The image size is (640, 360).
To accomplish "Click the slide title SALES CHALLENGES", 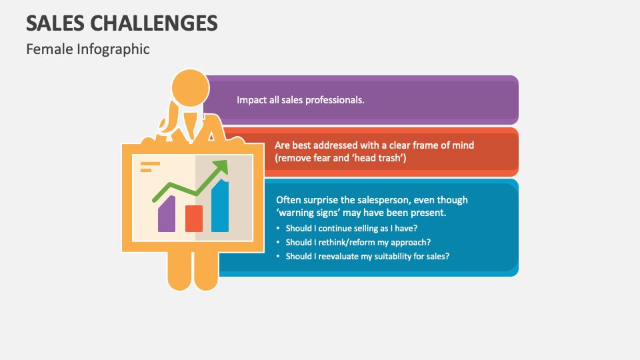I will pyautogui.click(x=122, y=23).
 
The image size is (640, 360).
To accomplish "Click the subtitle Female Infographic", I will pyautogui.click(x=88, y=49).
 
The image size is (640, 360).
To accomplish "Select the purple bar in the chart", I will pyautogui.click(x=167, y=215).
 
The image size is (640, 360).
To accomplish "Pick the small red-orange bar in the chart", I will pyautogui.click(x=194, y=218).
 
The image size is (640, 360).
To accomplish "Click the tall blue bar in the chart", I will pyautogui.click(x=220, y=207).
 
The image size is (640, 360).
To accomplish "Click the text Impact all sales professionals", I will pyautogui.click(x=300, y=100).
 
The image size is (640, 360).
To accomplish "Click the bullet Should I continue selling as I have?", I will pyautogui.click(x=351, y=229).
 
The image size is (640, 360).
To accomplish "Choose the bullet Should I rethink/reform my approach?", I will pyautogui.click(x=358, y=242).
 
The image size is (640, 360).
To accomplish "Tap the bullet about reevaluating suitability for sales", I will pyautogui.click(x=367, y=256).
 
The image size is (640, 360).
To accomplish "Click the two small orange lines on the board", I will pyautogui.click(x=150, y=166).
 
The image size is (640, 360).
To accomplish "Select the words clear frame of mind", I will pyautogui.click(x=433, y=145).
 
